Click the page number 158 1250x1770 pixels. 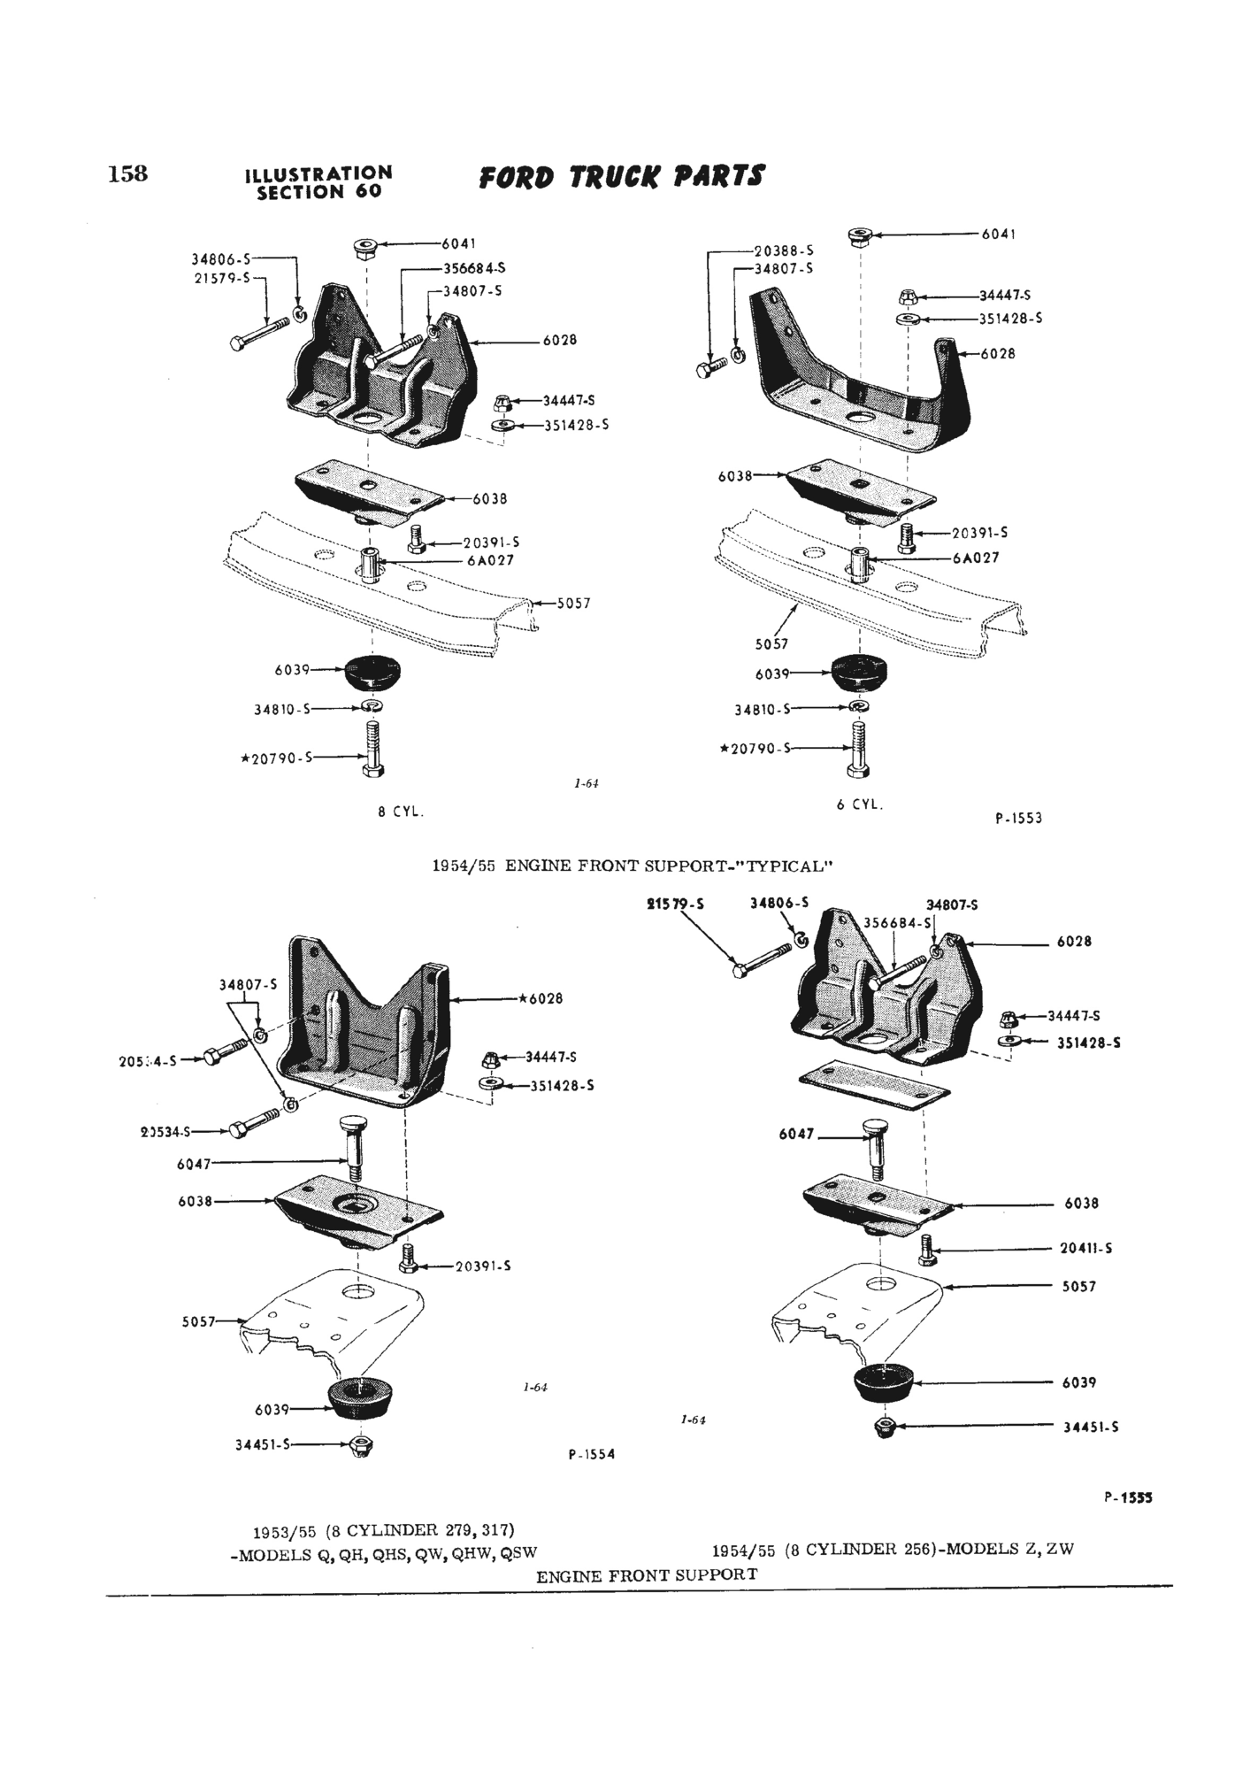[x=127, y=173]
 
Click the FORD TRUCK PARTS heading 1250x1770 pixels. [x=620, y=177]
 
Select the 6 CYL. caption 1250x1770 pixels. [x=860, y=805]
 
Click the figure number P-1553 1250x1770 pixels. [x=1018, y=819]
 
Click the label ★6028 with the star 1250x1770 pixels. [x=541, y=999]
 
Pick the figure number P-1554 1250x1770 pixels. [x=591, y=1454]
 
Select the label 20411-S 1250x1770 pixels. [x=1085, y=1249]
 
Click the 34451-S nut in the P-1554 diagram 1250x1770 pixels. [x=361, y=1446]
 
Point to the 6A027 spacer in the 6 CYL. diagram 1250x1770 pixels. [x=860, y=564]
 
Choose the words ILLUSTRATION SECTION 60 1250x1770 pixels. [x=318, y=182]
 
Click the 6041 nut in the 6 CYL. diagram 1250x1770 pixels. [x=860, y=235]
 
